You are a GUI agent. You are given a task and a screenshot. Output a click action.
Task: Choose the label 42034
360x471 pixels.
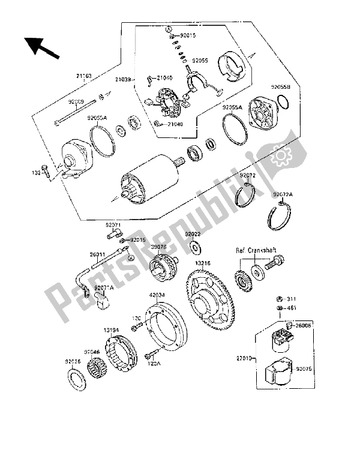coord(156,295)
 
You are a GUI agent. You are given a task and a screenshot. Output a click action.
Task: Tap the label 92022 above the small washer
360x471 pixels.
coord(192,234)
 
